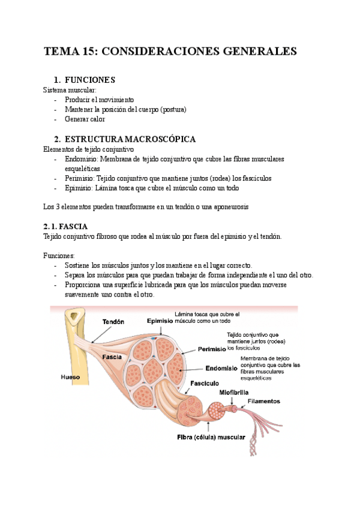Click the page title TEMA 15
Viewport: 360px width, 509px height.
170,52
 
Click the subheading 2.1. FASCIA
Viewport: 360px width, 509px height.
65,226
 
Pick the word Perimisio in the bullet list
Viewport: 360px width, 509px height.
80,178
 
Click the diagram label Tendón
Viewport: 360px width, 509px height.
113,322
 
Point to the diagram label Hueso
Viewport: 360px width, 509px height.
71,378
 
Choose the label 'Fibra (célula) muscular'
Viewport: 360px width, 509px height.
211,437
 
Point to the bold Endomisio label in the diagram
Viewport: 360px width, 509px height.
222,369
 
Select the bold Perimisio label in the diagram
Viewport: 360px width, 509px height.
211,349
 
